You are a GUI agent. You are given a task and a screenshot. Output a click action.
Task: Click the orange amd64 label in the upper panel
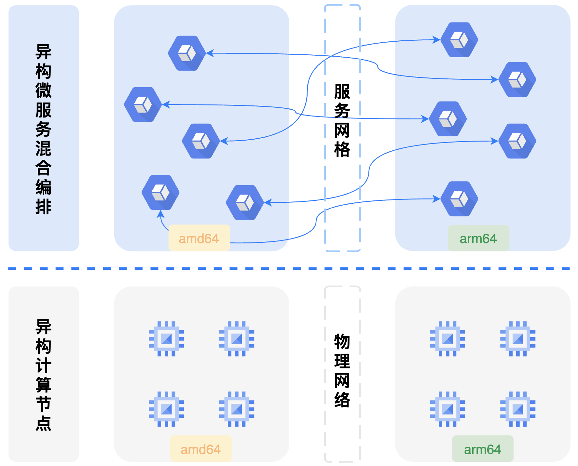point(199,238)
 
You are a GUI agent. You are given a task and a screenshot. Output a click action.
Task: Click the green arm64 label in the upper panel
point(478,238)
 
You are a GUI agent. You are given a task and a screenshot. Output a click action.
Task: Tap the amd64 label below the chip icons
point(201,449)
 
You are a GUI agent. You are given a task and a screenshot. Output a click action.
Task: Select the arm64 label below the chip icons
point(483,449)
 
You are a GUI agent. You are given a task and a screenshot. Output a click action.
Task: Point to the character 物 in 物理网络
point(342,341)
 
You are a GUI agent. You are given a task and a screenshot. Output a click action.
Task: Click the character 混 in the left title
point(43,148)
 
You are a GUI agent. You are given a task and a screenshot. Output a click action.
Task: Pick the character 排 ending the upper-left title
point(43,206)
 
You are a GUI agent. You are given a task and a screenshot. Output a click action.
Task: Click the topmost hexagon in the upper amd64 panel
point(187,53)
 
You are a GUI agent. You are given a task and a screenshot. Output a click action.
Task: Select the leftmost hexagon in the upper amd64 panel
point(143,104)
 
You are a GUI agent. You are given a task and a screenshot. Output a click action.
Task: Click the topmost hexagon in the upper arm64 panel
point(459,40)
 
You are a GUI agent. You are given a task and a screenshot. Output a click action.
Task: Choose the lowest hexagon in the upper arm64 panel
point(459,199)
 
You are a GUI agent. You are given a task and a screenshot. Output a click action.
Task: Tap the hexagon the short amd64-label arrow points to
point(160,192)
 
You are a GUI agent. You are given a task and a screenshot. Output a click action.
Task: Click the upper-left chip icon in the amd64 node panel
point(166,339)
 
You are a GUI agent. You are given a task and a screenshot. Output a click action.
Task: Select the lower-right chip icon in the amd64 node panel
point(237,409)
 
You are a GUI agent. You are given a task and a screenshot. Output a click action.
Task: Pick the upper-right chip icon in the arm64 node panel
point(518,339)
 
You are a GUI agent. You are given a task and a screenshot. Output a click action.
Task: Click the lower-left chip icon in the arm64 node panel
point(447,409)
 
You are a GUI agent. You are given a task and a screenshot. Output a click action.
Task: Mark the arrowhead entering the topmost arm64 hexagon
point(437,40)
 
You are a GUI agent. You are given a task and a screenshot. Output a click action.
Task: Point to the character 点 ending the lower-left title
point(43,423)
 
